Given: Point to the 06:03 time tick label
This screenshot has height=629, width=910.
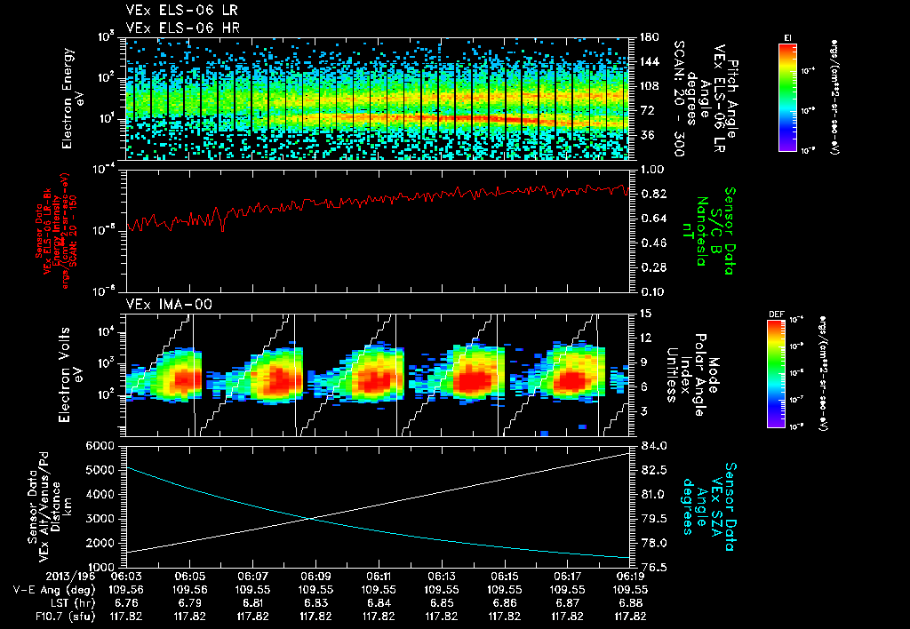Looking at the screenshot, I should click(x=128, y=576).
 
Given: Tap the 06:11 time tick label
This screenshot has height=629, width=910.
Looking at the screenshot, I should click(x=379, y=576).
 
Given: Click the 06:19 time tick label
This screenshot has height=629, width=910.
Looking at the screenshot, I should click(x=630, y=576).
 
